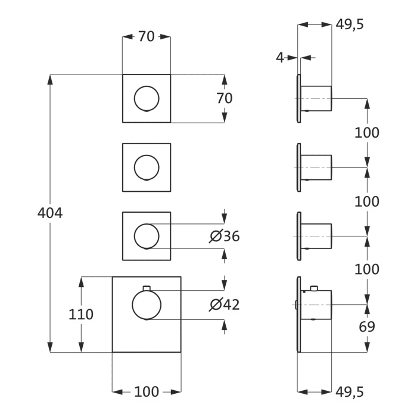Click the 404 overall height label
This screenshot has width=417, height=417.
[x=49, y=213]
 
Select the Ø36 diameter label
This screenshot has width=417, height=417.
[x=225, y=236]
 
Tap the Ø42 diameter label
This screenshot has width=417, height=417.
[x=225, y=304]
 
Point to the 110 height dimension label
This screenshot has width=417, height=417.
[x=81, y=314]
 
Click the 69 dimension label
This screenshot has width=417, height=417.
[x=367, y=326]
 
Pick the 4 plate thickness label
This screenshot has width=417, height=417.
[x=279, y=57]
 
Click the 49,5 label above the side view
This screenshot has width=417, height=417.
[x=350, y=24]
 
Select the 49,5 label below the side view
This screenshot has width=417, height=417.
[x=350, y=391]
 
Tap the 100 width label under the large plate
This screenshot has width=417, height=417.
[x=147, y=391]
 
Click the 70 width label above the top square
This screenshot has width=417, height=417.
[x=146, y=36]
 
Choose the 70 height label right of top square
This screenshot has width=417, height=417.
[x=225, y=98]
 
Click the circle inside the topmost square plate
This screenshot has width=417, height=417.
[x=147, y=98]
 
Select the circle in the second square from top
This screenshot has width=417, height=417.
[x=147, y=167]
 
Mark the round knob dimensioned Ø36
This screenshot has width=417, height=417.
[x=147, y=236]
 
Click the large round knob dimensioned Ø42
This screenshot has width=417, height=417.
[x=147, y=305]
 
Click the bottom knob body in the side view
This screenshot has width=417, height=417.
[x=317, y=305]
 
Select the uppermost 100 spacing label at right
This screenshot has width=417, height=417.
[x=367, y=133]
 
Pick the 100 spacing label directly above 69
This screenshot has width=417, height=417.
[x=367, y=269]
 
